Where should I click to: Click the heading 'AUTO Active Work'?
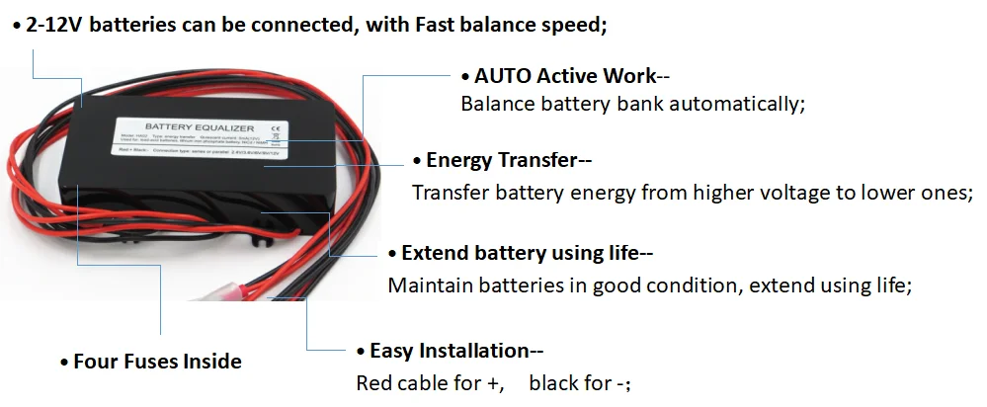click(564, 76)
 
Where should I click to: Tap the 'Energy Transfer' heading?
click(508, 160)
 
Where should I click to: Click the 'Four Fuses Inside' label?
click(157, 361)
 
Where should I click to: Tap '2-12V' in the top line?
click(55, 26)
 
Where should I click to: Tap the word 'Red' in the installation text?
click(374, 382)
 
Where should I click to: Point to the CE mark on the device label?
click(276, 127)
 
